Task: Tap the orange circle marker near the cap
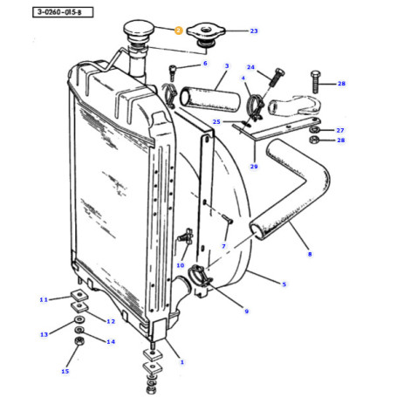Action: (177, 31)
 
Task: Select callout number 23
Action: (254, 31)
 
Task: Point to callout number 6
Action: (205, 64)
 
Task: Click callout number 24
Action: (250, 68)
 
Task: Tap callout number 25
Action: (217, 121)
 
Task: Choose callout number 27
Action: (340, 129)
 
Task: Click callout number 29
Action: (254, 166)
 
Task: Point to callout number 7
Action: (224, 247)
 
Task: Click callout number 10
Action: (181, 265)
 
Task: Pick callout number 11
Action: (43, 299)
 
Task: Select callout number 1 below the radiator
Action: (181, 361)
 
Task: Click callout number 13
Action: (43, 334)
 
